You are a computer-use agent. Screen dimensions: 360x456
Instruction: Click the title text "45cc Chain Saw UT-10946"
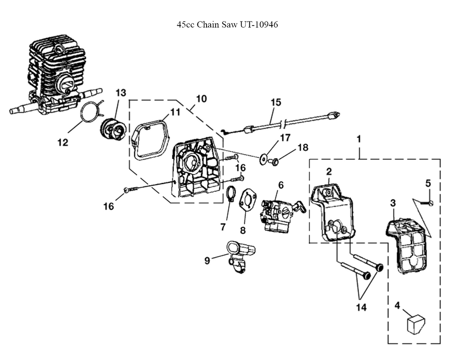[x=227, y=24]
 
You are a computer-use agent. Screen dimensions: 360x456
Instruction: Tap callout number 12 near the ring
[x=62, y=142]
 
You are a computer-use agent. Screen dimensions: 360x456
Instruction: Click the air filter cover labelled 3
[x=408, y=245]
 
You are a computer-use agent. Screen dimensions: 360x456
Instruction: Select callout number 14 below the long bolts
[x=361, y=307]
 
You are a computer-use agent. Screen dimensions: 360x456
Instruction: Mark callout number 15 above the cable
[x=276, y=102]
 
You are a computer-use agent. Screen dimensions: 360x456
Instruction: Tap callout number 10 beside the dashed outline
[x=201, y=99]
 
